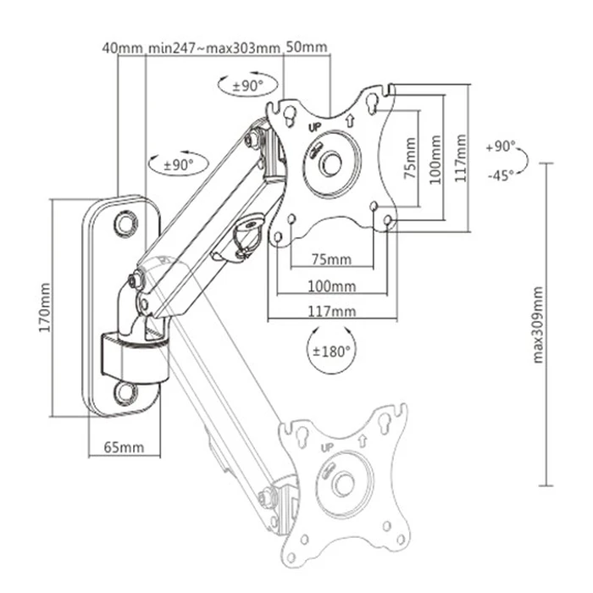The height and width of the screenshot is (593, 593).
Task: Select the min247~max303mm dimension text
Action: (x=213, y=47)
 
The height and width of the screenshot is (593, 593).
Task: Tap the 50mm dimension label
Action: (x=306, y=47)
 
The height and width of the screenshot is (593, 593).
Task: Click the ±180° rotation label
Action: (x=331, y=350)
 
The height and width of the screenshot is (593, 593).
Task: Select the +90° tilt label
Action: (x=501, y=147)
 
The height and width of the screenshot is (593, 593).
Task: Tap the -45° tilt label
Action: (x=501, y=175)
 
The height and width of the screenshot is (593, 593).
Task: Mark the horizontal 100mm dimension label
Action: (x=331, y=285)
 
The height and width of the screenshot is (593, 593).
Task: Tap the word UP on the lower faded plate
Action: (x=327, y=449)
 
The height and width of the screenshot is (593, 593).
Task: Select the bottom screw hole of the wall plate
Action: (x=125, y=391)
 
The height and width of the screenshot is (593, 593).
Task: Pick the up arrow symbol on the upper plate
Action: (x=348, y=119)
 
